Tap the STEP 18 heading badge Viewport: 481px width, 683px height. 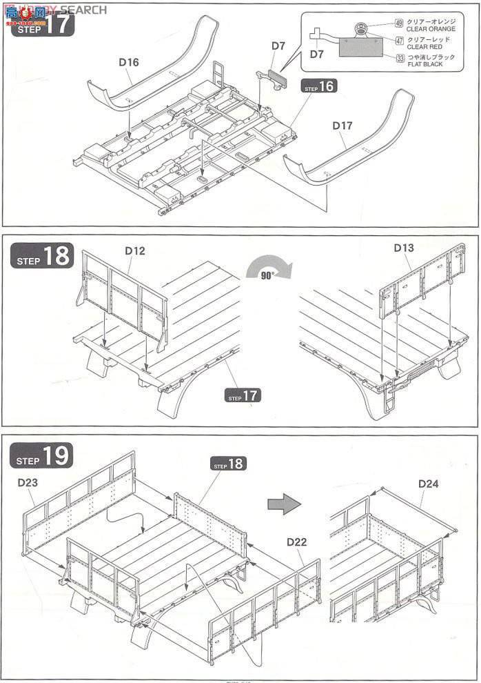coord(42,257)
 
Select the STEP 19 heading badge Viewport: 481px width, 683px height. coord(42,455)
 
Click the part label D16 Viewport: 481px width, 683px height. coord(128,62)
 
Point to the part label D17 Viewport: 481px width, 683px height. coord(342,126)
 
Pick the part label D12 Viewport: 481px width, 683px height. coord(135,250)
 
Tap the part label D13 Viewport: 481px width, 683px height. coord(403,246)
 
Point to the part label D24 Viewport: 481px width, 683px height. coord(428,484)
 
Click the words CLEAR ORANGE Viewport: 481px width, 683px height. coord(431,29)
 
